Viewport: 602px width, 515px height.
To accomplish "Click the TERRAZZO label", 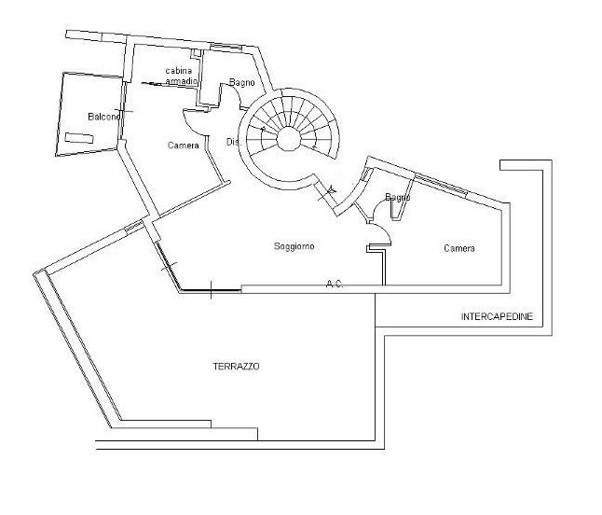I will (x=236, y=367).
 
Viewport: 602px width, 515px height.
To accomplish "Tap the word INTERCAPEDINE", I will (x=497, y=317).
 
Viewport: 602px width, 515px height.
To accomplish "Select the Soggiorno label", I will (x=294, y=246).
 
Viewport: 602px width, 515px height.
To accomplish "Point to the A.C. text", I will (x=335, y=284).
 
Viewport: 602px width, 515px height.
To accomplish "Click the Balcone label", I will (x=103, y=117).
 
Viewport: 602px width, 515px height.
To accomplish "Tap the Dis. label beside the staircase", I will (x=233, y=142).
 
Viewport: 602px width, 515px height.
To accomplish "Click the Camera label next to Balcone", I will (x=183, y=145).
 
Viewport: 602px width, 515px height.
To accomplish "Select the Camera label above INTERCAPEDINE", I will (x=458, y=248).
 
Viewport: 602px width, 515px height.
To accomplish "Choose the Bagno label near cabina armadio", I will (x=242, y=83).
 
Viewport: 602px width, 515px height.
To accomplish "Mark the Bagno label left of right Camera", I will (x=397, y=197).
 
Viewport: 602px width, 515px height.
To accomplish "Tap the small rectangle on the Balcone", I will (x=80, y=139).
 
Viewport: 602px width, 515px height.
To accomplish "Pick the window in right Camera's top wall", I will (x=440, y=184).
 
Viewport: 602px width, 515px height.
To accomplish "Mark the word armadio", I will (x=182, y=82).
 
